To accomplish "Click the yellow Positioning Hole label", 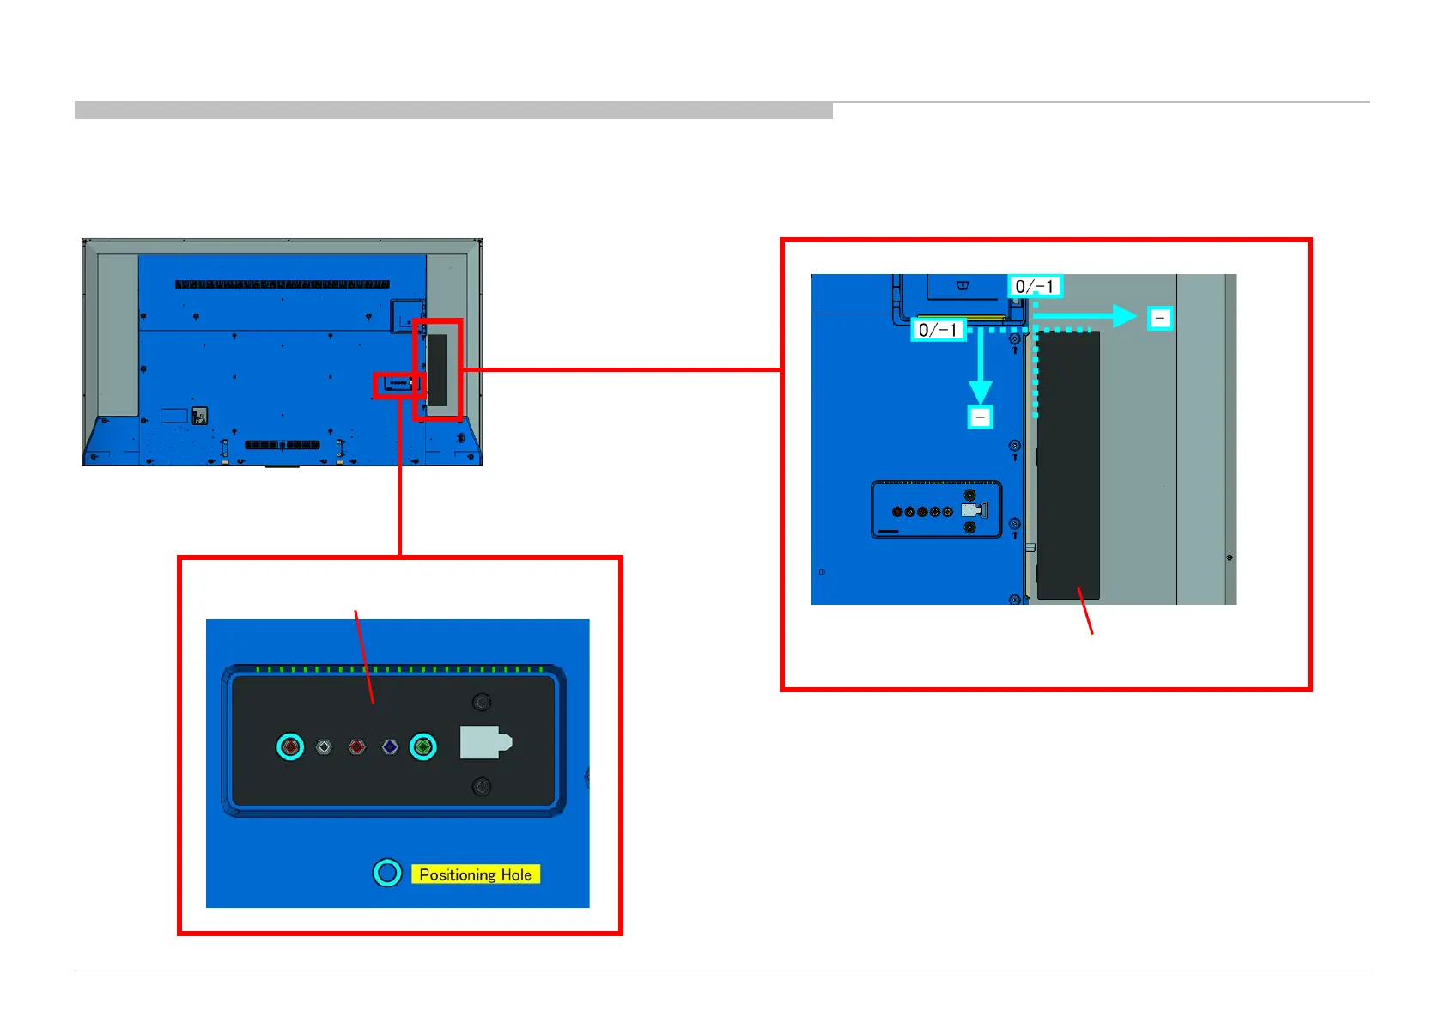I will [475, 874].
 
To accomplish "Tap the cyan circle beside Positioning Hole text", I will [387, 873].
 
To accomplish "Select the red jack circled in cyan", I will [290, 746].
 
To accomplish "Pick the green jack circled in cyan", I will [422, 746].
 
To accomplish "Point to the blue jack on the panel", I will [390, 747].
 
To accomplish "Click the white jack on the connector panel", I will [324, 747].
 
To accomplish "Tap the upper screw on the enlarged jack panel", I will [483, 703].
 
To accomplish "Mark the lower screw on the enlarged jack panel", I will [483, 787].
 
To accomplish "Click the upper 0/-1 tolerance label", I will [1035, 287].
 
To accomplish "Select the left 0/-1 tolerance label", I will [938, 330].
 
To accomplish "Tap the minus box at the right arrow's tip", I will [1160, 319].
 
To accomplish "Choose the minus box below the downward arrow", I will [981, 417].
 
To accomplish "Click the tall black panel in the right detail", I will [1068, 465].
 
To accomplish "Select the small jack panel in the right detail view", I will [936, 509].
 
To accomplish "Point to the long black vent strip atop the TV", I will [283, 284].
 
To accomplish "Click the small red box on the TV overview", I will [398, 385].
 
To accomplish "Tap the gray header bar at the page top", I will [453, 110].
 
